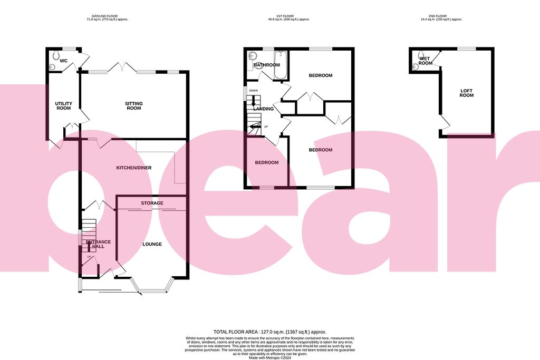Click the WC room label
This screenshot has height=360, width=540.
click(63, 61)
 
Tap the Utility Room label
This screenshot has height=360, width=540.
click(63, 106)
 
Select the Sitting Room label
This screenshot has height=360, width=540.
click(134, 106)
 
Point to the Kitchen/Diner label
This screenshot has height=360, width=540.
click(134, 168)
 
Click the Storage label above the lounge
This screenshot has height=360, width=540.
click(152, 203)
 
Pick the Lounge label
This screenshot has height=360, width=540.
click(152, 244)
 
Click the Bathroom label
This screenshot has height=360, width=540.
click(266, 65)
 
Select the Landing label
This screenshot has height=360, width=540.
click(264, 109)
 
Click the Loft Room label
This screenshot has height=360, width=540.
click(467, 93)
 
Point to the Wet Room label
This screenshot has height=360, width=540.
click(426, 61)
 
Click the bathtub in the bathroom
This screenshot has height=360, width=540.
click(280, 65)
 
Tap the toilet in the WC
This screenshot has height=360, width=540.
click(52, 67)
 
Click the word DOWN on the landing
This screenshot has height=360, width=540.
click(254, 91)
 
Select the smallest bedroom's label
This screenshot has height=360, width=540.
click(266, 162)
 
